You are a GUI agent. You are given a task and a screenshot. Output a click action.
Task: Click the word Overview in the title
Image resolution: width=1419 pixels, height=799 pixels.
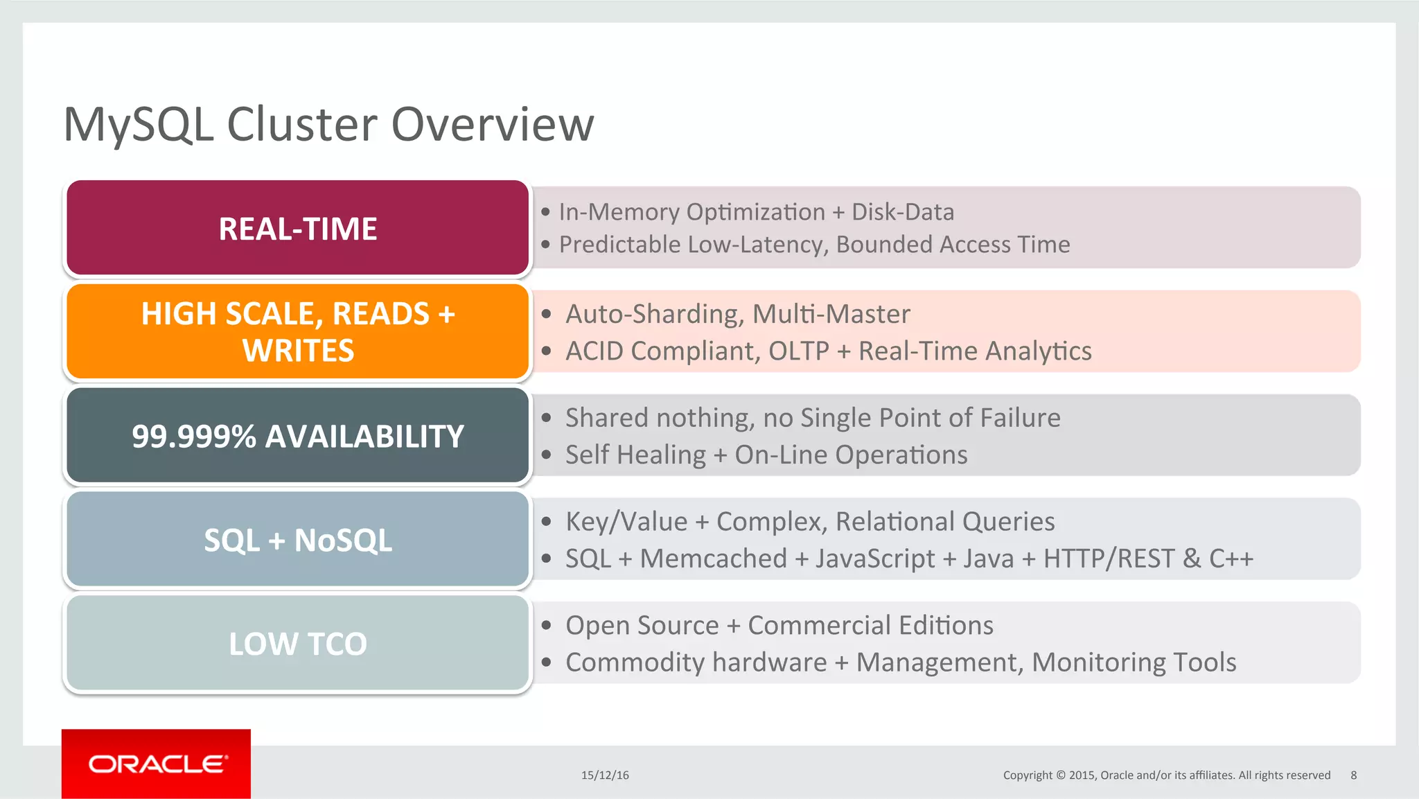(x=492, y=125)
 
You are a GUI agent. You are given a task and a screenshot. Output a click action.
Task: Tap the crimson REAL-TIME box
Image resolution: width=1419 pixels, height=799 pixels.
(x=298, y=228)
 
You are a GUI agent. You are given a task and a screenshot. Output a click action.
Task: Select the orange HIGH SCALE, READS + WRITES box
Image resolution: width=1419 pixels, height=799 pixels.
(x=298, y=332)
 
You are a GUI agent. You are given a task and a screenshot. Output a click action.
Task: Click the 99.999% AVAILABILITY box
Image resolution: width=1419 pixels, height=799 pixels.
(x=298, y=436)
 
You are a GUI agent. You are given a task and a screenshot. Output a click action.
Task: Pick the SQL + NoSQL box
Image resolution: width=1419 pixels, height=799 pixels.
(x=298, y=540)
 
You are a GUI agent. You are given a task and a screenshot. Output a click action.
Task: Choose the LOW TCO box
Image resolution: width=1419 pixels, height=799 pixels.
(x=298, y=644)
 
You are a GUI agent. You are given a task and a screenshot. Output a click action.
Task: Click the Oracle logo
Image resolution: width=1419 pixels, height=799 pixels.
(x=157, y=764)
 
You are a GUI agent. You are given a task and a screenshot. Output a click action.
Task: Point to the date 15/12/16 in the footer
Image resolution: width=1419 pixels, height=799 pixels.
(x=605, y=775)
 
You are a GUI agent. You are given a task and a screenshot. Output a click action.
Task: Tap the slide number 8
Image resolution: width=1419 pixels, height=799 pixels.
(x=1353, y=775)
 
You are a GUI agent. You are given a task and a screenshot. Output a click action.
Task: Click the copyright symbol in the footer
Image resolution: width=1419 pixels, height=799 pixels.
(x=1060, y=775)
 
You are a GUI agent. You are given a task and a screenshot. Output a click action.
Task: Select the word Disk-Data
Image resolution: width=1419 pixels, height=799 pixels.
(x=902, y=212)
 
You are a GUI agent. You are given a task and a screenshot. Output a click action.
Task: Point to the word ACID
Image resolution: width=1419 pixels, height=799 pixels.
(x=594, y=351)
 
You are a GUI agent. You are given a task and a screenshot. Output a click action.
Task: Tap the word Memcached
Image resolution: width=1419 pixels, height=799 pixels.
(x=713, y=559)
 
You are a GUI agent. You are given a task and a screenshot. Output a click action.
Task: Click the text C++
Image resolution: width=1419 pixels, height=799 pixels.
(x=1231, y=559)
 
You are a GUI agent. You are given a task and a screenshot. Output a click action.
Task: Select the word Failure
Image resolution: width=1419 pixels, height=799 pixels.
(x=1021, y=418)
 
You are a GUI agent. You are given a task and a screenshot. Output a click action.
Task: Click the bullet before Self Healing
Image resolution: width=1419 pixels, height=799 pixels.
(x=547, y=455)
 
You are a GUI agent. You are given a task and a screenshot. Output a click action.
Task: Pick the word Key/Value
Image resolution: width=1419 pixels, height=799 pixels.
(x=626, y=522)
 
